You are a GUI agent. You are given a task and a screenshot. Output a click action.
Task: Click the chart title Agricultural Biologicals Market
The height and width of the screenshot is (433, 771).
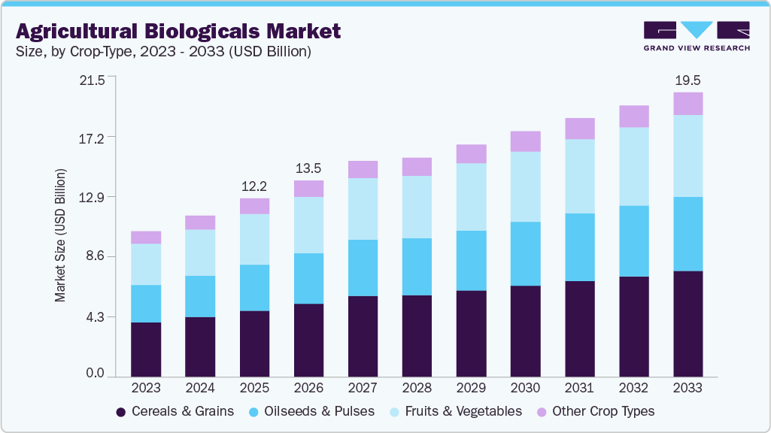178,31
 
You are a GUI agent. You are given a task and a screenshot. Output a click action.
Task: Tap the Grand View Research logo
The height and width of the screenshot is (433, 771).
696,35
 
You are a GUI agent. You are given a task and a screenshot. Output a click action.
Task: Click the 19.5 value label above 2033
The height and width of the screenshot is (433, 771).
688,80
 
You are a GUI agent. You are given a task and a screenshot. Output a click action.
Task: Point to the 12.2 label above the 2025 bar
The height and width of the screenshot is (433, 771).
254,186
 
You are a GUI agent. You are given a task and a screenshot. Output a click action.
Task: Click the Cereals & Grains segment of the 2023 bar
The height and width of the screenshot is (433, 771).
146,349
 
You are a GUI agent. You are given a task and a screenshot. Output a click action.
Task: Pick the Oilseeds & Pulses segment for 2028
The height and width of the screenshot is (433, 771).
417,267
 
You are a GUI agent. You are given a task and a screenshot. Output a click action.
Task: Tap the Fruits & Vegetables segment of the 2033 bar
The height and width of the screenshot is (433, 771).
688,156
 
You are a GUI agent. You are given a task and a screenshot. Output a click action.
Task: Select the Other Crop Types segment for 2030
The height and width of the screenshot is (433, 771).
525,141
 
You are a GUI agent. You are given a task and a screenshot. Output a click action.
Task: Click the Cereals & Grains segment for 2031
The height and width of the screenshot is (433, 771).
579,329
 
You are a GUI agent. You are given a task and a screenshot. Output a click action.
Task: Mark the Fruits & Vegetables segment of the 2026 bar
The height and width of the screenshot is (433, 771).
308,225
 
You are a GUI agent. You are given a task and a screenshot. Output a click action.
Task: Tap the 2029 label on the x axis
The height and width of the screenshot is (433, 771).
471,388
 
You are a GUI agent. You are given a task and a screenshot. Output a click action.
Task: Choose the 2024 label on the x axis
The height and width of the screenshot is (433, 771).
200,388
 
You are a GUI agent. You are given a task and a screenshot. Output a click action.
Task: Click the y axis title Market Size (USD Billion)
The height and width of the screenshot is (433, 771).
60,235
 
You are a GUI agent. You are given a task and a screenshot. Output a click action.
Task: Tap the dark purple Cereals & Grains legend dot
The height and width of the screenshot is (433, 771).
120,412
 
